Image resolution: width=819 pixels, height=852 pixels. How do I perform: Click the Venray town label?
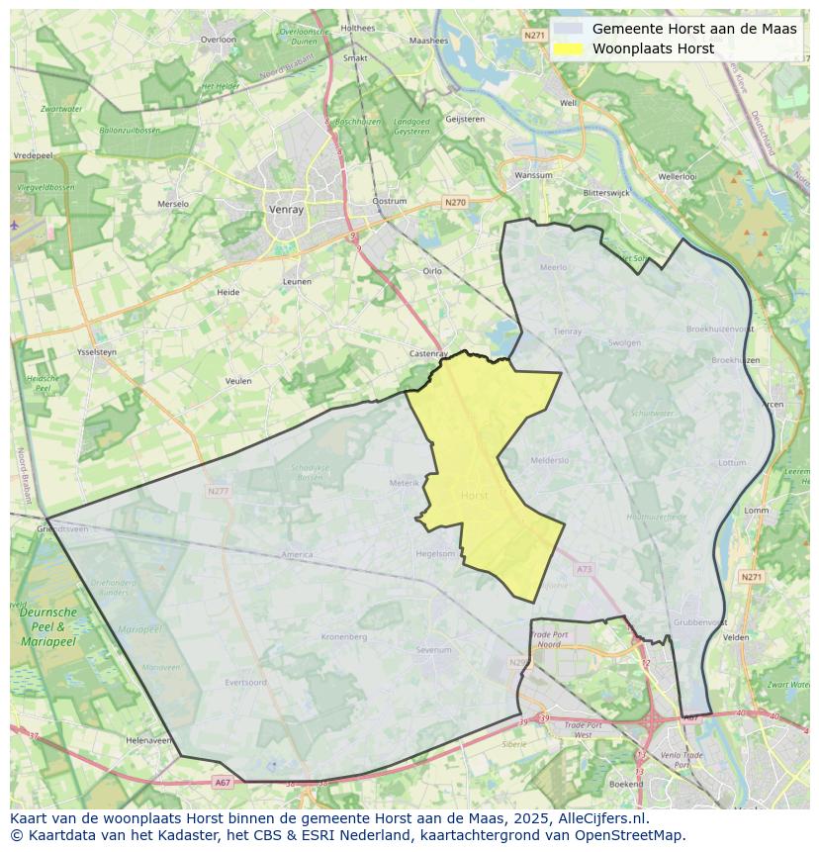285,210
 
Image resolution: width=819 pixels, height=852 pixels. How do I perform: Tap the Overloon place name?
219,40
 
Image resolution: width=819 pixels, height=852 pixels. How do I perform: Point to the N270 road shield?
454,203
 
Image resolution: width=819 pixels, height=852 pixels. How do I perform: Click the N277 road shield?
219,491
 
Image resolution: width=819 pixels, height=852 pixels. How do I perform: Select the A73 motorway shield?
584,569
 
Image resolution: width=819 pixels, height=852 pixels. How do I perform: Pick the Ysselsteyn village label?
96,351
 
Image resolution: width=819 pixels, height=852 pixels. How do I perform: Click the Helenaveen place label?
148,740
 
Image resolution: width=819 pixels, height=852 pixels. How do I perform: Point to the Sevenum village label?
433,650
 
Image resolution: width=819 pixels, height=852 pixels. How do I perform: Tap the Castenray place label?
428,353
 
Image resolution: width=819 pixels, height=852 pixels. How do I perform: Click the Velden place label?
736,638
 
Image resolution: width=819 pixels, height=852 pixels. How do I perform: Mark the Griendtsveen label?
63,529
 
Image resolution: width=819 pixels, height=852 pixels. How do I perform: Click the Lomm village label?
756,511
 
